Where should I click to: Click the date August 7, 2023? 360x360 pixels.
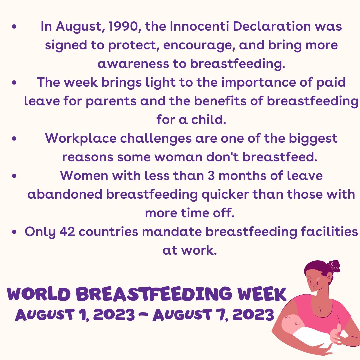coord(213,314)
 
